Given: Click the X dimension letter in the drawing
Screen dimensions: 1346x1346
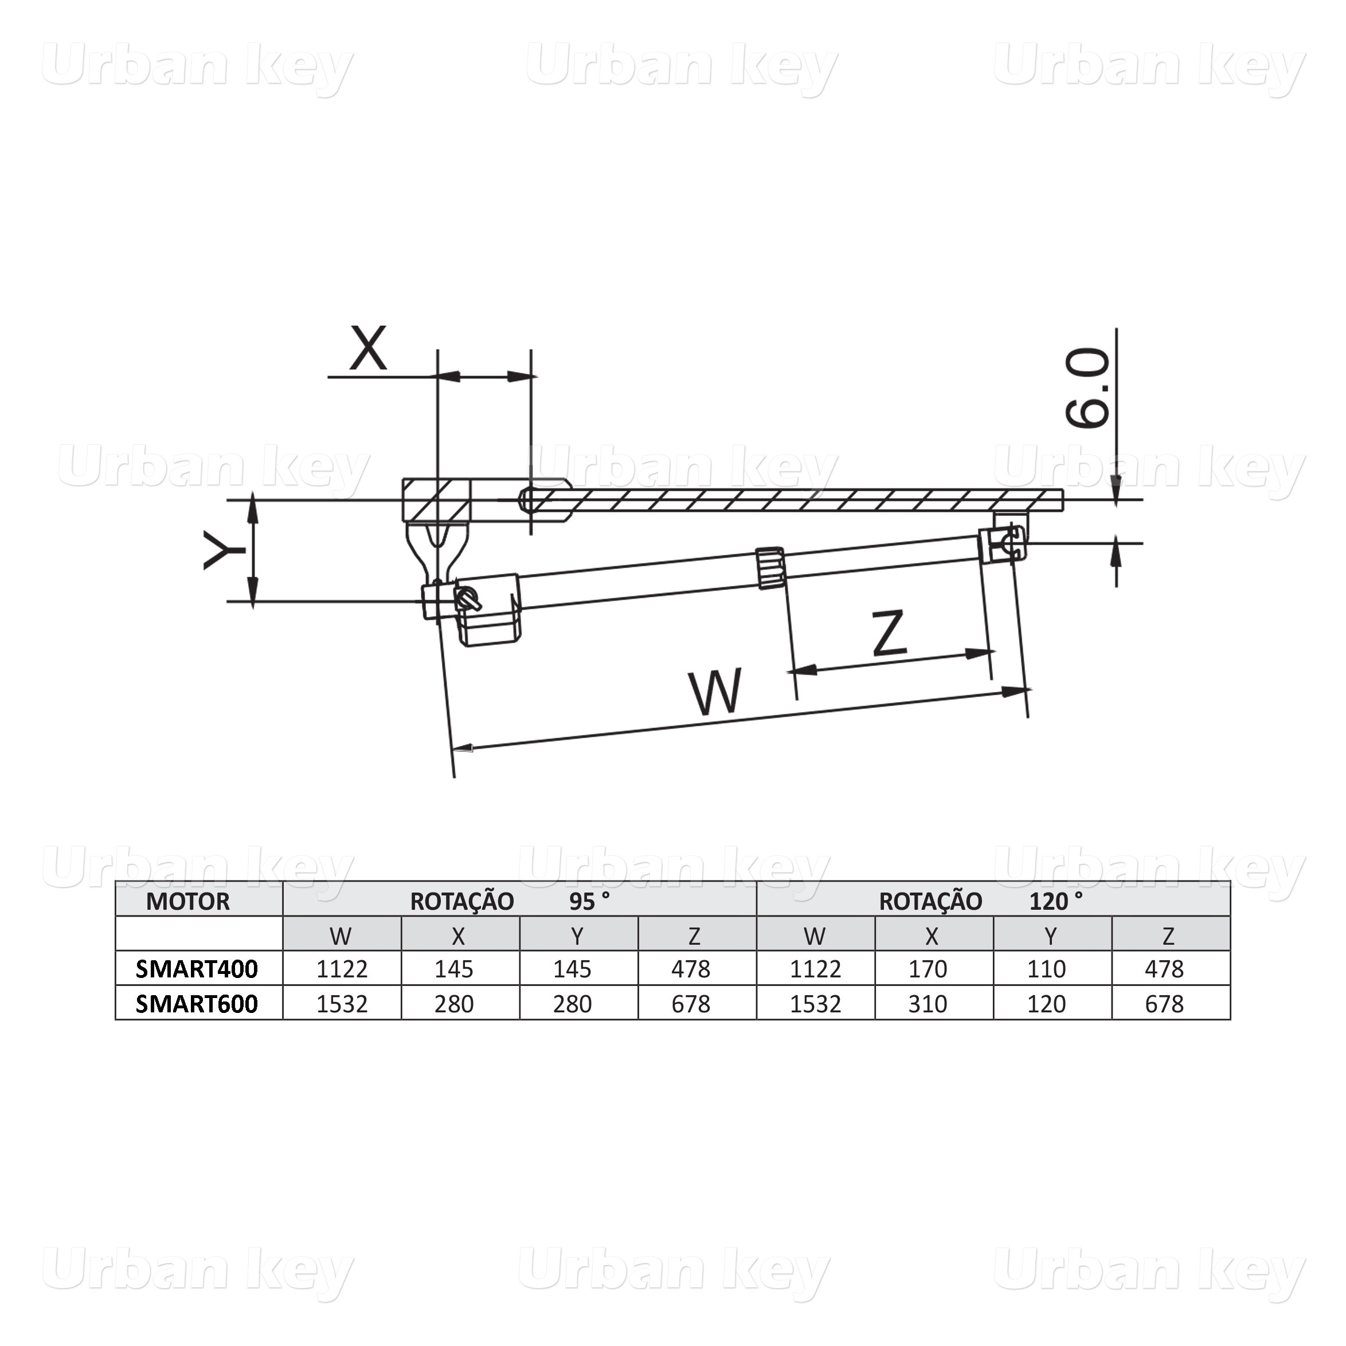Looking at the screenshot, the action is click(368, 349).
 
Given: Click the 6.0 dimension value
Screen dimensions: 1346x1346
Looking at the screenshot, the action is click(1087, 388).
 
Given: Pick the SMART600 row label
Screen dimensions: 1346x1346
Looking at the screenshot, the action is click(197, 1004).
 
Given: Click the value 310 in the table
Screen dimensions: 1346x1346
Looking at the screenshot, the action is click(928, 1004).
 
